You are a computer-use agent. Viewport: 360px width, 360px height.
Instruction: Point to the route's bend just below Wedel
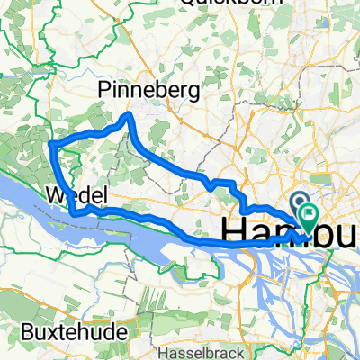[76, 212]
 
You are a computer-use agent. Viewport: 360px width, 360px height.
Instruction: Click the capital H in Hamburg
[232, 231]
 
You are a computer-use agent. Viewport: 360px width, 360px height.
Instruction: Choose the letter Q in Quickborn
[187, 3]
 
